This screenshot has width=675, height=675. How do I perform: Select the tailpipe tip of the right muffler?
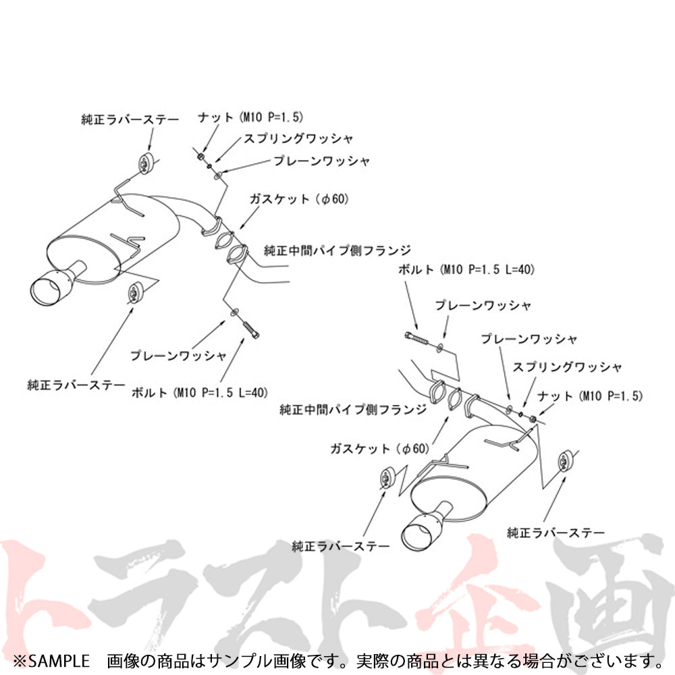[418, 535]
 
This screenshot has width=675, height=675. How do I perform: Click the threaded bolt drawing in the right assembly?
[417, 338]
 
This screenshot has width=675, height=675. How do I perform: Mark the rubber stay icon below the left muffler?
[134, 294]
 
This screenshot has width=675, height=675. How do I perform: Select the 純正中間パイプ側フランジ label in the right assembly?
[353, 409]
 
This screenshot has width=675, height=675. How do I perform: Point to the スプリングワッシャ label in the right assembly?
[567, 367]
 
